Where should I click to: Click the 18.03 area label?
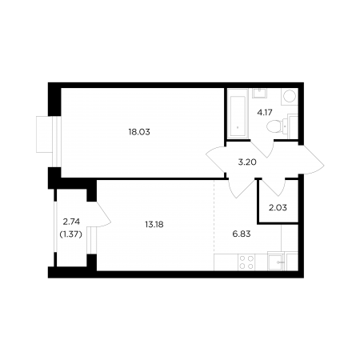[139, 132]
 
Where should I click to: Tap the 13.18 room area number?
[154, 225]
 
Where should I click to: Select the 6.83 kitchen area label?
[242, 234]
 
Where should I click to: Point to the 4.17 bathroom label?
[265, 112]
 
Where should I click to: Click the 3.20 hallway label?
[247, 162]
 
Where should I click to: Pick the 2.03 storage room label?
[278, 207]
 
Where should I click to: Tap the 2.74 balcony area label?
[71, 222]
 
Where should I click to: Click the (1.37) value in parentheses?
[70, 234]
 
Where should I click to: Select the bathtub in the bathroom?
[238, 117]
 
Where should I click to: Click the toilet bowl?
[274, 126]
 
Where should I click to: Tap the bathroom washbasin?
[259, 94]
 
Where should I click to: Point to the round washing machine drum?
[290, 96]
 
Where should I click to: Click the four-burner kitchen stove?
[246, 262]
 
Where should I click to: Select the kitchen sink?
[276, 262]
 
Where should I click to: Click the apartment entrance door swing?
[311, 160]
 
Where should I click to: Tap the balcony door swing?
[103, 214]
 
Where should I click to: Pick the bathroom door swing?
[262, 149]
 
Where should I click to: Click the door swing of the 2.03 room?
[274, 187]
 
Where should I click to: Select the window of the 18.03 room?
[54, 142]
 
